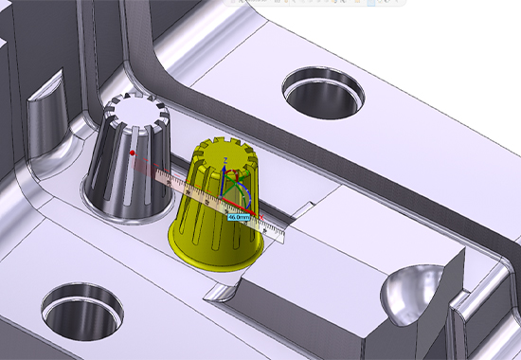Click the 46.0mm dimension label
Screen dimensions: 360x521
tap(238, 216)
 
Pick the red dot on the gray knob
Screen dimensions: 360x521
tap(134, 151)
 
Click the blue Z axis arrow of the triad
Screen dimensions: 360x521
tap(224, 175)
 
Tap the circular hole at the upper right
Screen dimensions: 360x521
tap(324, 89)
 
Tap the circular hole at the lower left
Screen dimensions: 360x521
tap(83, 308)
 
